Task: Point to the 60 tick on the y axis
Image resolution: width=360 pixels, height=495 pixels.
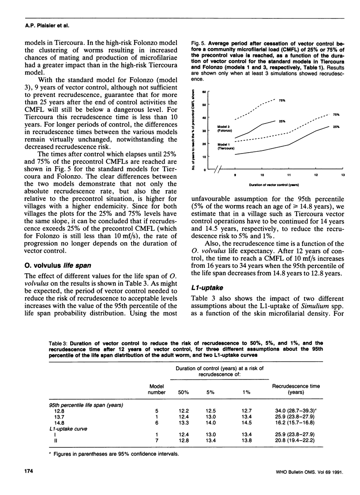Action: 204,92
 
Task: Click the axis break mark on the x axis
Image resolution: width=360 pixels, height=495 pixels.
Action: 217,170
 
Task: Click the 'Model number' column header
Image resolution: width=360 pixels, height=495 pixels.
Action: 157,389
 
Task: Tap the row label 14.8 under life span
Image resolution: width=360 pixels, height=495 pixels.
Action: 59,423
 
